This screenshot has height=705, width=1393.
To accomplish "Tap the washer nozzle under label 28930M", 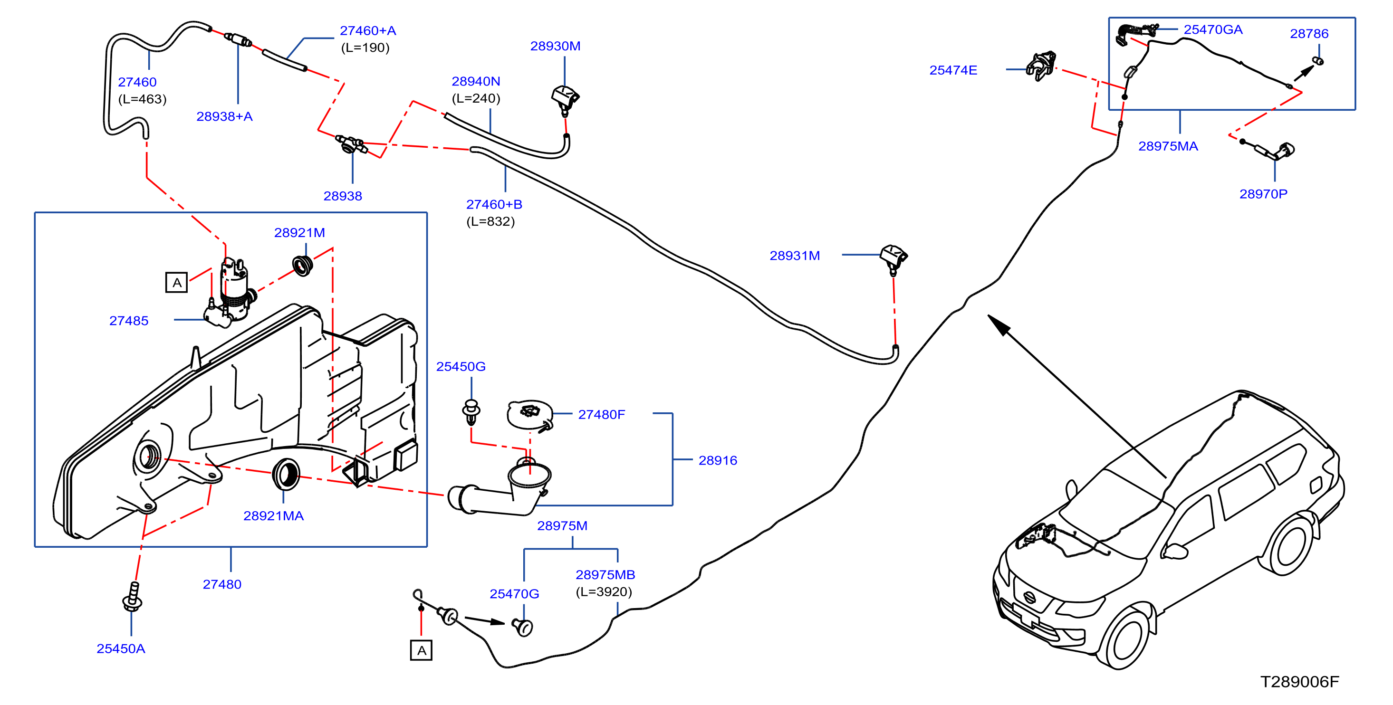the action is click(x=565, y=99).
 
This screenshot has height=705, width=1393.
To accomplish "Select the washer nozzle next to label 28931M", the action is click(x=893, y=258).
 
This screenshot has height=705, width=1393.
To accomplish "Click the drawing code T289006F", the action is click(x=1299, y=682).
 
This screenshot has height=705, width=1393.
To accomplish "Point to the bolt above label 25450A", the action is click(x=132, y=597).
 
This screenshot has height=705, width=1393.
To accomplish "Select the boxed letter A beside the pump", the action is click(x=176, y=283).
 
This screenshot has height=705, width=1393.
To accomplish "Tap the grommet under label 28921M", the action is click(x=302, y=265).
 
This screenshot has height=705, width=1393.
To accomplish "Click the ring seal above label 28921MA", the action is click(x=286, y=474).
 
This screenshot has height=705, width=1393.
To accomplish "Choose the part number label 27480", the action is click(x=222, y=584).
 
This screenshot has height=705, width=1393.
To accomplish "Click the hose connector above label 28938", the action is click(x=352, y=144).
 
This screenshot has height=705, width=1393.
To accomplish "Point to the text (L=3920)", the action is click(x=604, y=592).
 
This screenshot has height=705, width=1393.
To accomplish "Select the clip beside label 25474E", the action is click(x=1041, y=66).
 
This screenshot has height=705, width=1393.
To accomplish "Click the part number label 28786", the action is click(x=1309, y=34).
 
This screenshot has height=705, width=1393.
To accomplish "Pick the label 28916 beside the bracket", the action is click(x=718, y=461).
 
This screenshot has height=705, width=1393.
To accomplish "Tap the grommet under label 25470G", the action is click(x=522, y=627).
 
